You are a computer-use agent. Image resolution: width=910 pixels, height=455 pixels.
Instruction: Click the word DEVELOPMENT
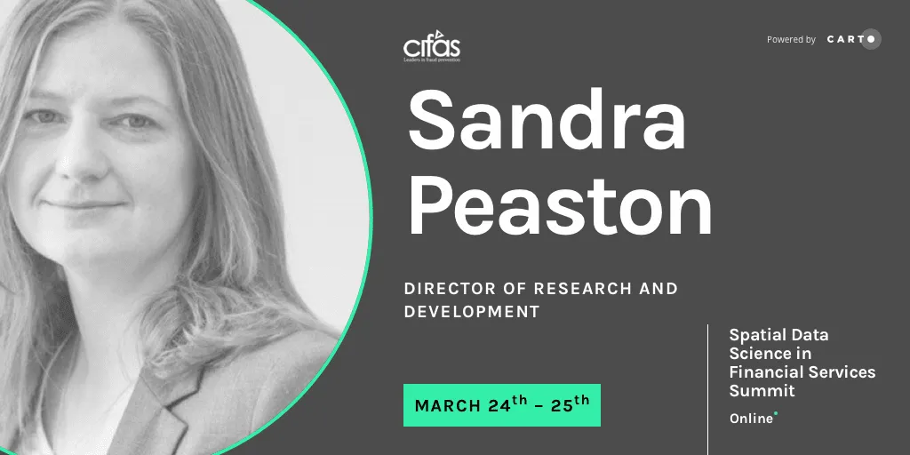tap(472, 312)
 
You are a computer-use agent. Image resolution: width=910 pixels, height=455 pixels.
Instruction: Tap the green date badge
tap(502, 405)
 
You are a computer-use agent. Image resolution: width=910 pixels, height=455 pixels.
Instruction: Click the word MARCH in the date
tap(448, 406)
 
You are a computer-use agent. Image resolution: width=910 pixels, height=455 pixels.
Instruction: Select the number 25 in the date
tap(561, 406)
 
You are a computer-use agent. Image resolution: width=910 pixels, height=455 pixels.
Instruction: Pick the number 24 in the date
tap(499, 406)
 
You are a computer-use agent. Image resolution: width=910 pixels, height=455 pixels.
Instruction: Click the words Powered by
tap(791, 40)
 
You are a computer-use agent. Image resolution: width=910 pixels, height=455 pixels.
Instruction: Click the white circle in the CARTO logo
tap(871, 39)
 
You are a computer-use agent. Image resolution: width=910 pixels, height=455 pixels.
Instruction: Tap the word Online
tap(751, 419)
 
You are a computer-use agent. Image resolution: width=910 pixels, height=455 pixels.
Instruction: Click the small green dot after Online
tap(776, 413)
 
